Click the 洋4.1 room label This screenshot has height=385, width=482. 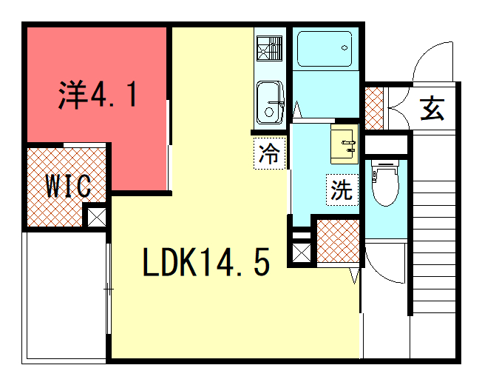coord(98,95)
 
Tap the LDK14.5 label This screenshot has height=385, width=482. coord(206,262)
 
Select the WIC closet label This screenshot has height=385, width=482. coord(68,186)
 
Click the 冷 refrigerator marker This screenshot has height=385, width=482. coord(270,153)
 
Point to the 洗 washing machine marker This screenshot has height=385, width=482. coord(342,190)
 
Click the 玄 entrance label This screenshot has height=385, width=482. coord(432,108)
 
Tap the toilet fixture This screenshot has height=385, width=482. coord(385,182)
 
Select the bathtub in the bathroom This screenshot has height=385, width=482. coord(325,49)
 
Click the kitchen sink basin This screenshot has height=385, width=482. coord(270,102)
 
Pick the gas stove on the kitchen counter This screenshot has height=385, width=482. coord(269,48)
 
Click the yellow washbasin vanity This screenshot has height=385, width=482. coord(344,144)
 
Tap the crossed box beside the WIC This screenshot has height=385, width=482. coord(97,217)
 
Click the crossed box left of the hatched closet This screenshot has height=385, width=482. coord(301,252)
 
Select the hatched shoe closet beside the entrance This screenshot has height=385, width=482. coord(374,108)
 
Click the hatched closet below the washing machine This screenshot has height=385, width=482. coord(338,241)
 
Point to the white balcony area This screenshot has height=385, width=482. coord(64,298)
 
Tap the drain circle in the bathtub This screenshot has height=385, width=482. coord(344,47)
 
